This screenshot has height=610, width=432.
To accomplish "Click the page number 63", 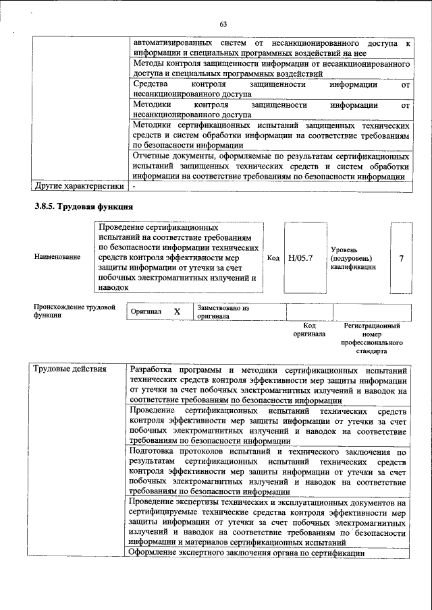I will pos(223,25).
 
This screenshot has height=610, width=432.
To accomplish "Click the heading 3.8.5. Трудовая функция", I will pos(84,206).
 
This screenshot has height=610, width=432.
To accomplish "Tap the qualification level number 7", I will pos(402,257).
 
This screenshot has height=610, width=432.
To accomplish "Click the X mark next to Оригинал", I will pos(177,312).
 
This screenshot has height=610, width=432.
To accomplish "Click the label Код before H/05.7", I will pos(273,257).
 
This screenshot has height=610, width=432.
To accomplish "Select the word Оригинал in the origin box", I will pos(146,312).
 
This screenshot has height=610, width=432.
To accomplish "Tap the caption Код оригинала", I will pos(309,330).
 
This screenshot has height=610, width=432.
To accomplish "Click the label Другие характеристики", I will pos(79,185).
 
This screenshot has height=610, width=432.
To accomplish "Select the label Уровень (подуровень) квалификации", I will pos(351,257).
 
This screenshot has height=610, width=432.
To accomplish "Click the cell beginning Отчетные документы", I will pos(270,166).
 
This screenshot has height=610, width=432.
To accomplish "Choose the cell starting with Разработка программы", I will pos(267,385).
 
